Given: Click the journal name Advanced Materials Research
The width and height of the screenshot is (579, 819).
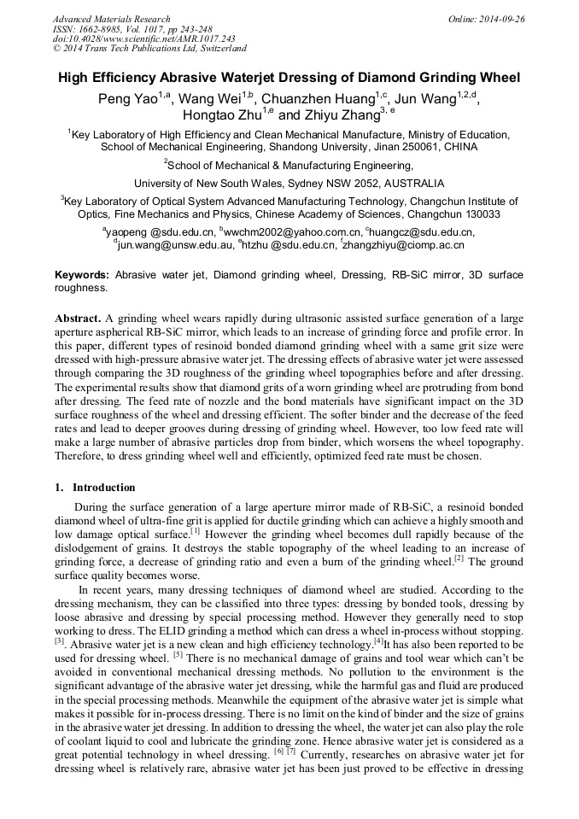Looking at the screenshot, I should pyautogui.click(x=111, y=19).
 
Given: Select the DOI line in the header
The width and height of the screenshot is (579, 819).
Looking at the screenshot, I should pyautogui.click(x=143, y=38).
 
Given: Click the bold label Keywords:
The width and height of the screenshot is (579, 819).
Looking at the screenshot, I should pyautogui.click(x=82, y=275).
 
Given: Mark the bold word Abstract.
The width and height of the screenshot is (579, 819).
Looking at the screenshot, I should pyautogui.click(x=78, y=318).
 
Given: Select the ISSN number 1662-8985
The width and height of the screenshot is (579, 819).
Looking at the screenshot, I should pyautogui.click(x=100, y=29).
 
